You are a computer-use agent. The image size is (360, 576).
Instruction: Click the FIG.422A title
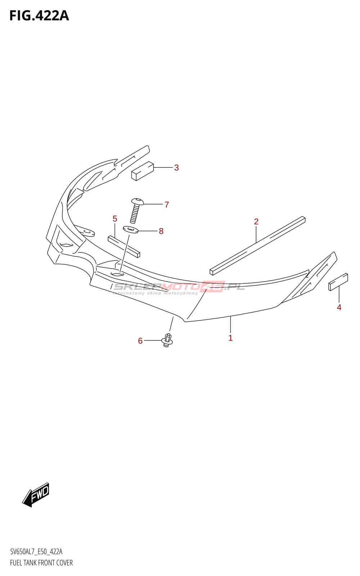point(39,16)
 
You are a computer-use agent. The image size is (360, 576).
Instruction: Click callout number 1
point(230,338)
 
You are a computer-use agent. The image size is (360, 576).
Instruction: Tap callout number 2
point(256,222)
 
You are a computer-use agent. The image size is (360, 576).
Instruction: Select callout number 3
point(176,168)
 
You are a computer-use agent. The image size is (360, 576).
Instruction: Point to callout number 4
point(339,307)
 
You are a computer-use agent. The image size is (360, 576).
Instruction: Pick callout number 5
point(115,219)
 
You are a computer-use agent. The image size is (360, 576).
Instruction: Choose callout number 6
point(140,341)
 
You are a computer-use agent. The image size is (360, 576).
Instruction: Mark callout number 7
point(167,205)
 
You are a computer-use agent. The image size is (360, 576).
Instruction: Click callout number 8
point(161,231)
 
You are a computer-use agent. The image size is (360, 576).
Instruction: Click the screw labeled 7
point(136,211)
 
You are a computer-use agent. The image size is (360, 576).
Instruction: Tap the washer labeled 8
point(131,229)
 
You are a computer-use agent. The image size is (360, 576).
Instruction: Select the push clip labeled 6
point(167,340)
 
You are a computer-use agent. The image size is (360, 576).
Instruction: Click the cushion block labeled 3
point(143,171)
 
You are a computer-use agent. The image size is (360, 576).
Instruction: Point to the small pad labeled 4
point(338,282)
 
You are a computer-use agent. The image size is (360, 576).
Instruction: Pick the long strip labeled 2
point(257,246)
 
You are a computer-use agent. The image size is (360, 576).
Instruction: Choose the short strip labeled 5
point(124,247)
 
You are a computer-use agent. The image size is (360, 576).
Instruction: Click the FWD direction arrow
point(36,495)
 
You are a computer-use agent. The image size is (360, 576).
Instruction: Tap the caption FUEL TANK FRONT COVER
point(41,563)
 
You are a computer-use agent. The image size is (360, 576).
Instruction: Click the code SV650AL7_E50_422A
point(36,552)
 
